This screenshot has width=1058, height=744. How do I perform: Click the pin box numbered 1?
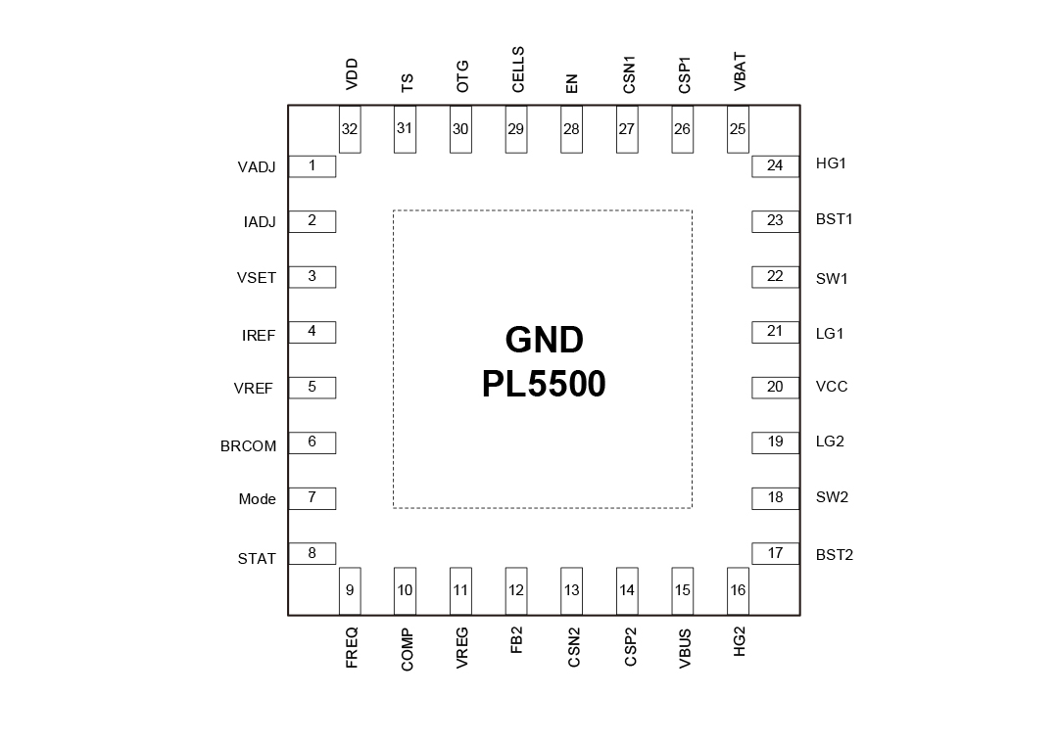(312, 165)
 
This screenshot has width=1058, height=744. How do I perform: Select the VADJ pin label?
(256, 167)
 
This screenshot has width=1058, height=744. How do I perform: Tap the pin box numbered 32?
(350, 129)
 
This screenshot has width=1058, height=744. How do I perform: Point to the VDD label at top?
(352, 75)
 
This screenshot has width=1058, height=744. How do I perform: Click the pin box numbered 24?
(775, 165)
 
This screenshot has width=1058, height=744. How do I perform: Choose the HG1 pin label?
(831, 163)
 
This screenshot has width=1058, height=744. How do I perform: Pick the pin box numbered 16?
(739, 590)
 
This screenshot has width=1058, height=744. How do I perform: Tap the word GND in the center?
(544, 340)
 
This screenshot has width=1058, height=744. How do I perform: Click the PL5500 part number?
(544, 384)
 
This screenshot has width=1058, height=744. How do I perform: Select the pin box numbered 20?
(775, 387)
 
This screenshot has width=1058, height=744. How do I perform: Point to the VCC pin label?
(832, 387)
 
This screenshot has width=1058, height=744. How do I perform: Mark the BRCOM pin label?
(248, 446)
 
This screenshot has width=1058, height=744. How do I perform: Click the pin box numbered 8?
(312, 553)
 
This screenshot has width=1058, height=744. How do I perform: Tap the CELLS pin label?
(518, 70)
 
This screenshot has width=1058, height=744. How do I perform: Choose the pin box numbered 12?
(516, 590)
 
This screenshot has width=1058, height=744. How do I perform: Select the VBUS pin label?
(685, 648)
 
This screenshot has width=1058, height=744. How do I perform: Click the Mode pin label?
(257, 499)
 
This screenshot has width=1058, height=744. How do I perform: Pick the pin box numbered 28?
(571, 129)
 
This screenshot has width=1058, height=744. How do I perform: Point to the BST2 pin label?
(835, 555)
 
